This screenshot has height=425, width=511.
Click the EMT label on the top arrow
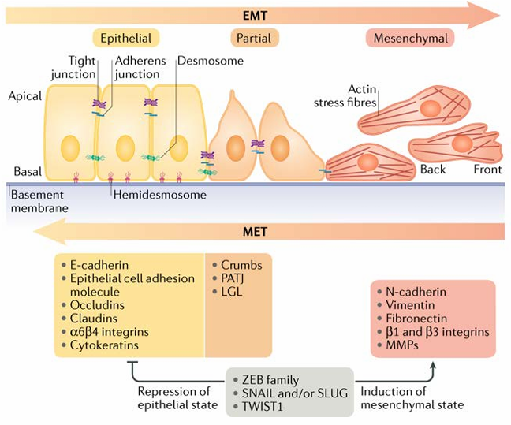255,15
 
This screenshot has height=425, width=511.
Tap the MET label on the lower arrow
255,232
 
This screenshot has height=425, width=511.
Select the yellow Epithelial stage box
126,38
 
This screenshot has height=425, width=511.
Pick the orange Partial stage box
254,38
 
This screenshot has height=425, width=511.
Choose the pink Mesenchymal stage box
410,38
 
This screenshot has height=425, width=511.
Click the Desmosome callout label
211,61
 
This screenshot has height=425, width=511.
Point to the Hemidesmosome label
160,195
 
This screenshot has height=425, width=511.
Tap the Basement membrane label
39,201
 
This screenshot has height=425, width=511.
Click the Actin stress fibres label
345,96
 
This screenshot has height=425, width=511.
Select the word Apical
25,96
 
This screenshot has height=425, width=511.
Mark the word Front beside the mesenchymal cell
487,170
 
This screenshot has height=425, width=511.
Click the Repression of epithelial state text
177,398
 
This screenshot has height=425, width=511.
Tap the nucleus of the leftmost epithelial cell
70,148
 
